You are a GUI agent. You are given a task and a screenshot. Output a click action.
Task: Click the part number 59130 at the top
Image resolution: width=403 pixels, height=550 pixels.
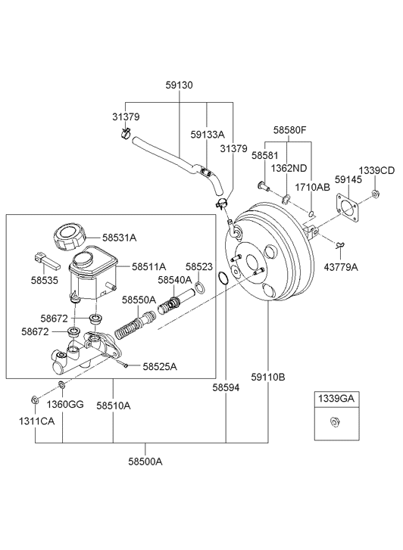180,85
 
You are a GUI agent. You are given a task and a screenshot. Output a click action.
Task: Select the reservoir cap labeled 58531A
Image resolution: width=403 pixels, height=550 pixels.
70,237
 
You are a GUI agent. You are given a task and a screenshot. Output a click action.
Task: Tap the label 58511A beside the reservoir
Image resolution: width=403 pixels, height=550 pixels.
149,266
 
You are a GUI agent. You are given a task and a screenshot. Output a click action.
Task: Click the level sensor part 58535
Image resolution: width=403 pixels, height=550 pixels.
46,261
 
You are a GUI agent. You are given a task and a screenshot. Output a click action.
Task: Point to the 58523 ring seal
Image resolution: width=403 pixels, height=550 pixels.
199,287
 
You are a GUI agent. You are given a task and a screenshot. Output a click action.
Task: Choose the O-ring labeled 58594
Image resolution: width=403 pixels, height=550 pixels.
223,277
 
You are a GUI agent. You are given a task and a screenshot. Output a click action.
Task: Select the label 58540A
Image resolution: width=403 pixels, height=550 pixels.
175,280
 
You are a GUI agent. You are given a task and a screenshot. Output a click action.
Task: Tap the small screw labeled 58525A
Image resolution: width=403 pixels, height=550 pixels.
126,366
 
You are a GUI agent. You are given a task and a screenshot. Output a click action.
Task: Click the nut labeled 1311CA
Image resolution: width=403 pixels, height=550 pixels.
35,399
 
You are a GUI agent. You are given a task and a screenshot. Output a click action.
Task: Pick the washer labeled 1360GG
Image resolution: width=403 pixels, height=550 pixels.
61,386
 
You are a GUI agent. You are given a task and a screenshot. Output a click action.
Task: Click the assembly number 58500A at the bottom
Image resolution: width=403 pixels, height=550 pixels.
145,461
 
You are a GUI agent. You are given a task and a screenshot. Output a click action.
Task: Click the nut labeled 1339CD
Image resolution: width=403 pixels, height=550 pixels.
375,193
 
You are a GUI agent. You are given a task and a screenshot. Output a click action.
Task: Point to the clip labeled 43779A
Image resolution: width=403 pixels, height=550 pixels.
340,244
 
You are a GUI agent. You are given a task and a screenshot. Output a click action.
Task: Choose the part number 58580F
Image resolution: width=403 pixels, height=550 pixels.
290,130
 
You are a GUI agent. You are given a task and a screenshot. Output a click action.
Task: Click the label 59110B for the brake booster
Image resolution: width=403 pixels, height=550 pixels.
268,377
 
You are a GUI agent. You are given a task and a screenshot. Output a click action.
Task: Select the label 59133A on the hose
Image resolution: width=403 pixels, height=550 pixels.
208,135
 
